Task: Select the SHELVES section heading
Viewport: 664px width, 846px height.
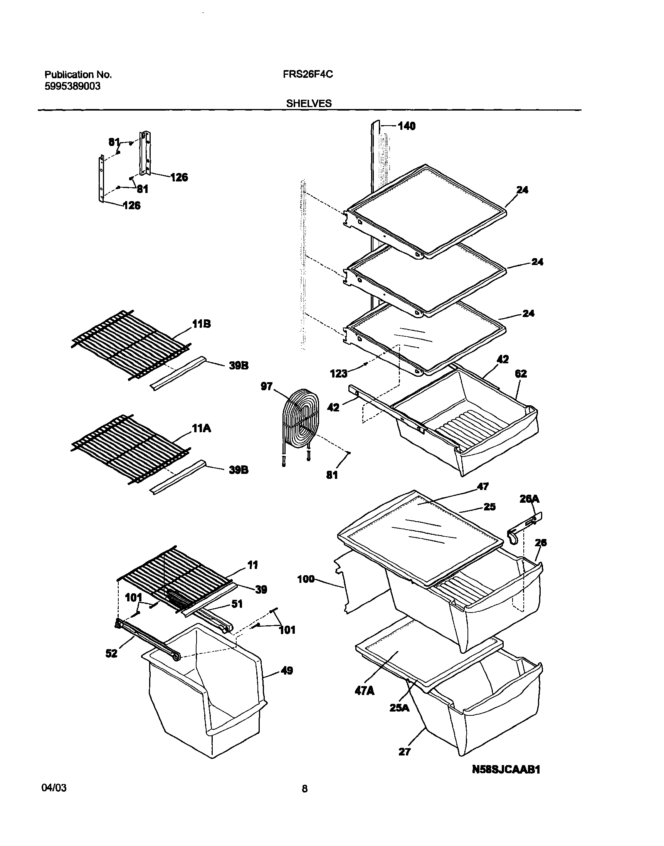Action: pyautogui.click(x=309, y=103)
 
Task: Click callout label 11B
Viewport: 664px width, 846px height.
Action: pyautogui.click(x=201, y=324)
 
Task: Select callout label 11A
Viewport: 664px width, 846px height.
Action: pyautogui.click(x=201, y=428)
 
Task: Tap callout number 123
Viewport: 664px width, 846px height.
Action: pyautogui.click(x=338, y=374)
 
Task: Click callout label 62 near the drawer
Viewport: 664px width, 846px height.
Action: pyautogui.click(x=521, y=373)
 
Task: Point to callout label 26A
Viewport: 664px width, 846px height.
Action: pyautogui.click(x=530, y=499)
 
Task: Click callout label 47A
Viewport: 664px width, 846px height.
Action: pyautogui.click(x=364, y=691)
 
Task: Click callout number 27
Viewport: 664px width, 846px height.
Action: pyautogui.click(x=404, y=752)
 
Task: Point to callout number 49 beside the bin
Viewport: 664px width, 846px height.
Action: pyautogui.click(x=286, y=670)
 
